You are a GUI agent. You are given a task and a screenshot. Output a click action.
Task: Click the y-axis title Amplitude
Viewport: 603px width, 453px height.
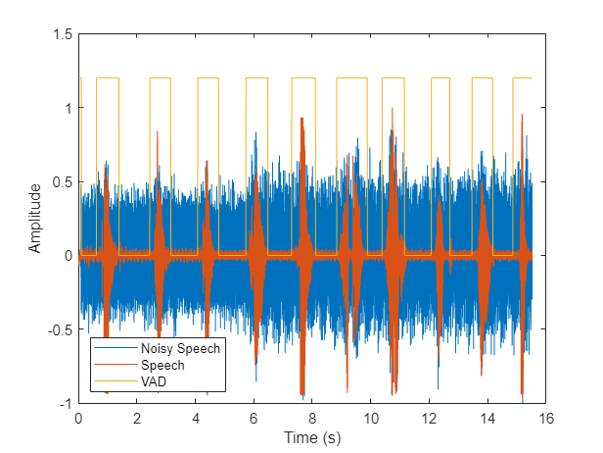coord(35,218)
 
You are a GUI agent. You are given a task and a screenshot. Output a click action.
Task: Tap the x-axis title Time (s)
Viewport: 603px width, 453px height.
coord(311,436)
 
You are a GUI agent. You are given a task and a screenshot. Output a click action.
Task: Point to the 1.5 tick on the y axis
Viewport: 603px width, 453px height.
coord(63,34)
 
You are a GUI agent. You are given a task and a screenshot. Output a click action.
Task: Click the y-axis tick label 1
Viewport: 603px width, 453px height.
coord(68,108)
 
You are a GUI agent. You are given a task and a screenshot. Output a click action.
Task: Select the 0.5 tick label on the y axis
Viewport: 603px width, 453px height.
coord(63,181)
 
